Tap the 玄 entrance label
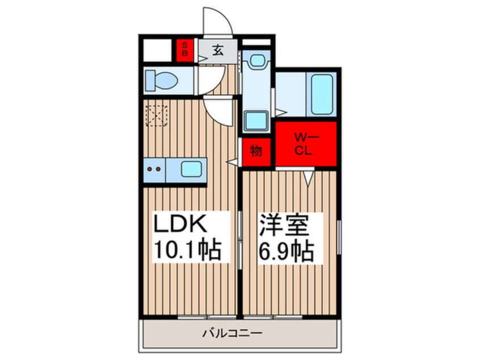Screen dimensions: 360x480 tap(217, 49)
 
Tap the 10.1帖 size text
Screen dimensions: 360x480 tap(187, 250)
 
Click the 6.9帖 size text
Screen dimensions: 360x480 tap(287, 250)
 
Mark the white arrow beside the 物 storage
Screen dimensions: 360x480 tap(233, 162)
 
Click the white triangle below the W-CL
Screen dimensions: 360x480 tap(307, 178)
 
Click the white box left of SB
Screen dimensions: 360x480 tap(157, 49)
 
